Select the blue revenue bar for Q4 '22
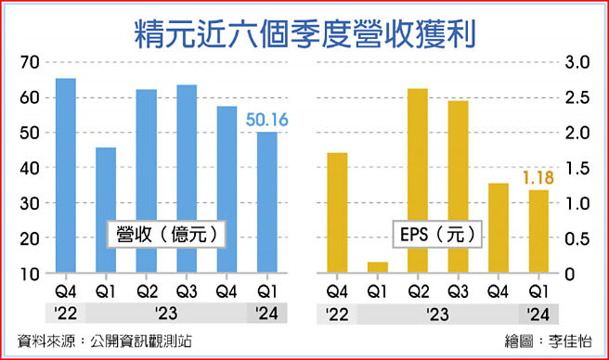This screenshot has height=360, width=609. click(66, 176)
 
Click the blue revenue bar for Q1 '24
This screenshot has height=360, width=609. click(266, 203)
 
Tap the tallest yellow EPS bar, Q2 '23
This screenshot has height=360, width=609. click(418, 181)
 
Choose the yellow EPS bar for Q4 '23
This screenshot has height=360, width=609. click(498, 228)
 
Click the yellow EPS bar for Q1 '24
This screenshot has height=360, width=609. click(538, 232)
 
